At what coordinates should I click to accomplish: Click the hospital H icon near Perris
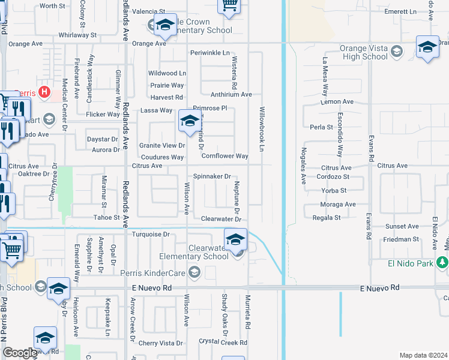(x=44, y=92)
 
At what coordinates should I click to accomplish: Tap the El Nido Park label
(x=409, y=262)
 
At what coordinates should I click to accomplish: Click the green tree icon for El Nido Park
(x=442, y=262)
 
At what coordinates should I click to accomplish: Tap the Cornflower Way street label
(x=224, y=156)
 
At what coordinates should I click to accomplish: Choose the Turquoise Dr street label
(x=151, y=234)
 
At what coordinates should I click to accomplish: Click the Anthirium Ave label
(x=231, y=94)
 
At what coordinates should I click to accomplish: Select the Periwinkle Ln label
(x=210, y=53)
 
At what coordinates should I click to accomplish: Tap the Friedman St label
(x=401, y=239)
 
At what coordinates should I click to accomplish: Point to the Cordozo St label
(x=334, y=177)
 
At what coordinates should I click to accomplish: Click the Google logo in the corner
(x=19, y=353)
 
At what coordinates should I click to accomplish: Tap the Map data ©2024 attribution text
(x=423, y=355)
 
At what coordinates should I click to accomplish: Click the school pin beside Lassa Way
(x=189, y=122)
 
